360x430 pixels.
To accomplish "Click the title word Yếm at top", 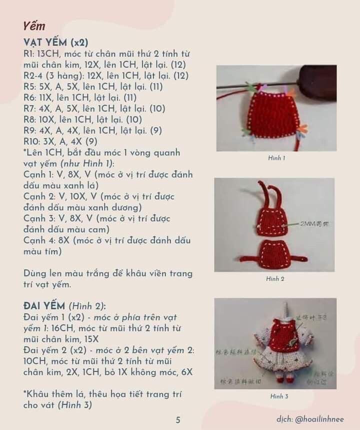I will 34,26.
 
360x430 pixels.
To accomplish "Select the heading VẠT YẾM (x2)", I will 55,42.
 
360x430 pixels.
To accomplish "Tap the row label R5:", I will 29,87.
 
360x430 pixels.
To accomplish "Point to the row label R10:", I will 31,142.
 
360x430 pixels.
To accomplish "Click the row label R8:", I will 29,120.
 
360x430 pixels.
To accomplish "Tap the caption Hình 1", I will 276,158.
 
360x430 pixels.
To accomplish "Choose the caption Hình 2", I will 275,279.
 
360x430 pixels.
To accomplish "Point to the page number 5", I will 178,420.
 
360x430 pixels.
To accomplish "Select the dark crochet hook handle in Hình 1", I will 317,81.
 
